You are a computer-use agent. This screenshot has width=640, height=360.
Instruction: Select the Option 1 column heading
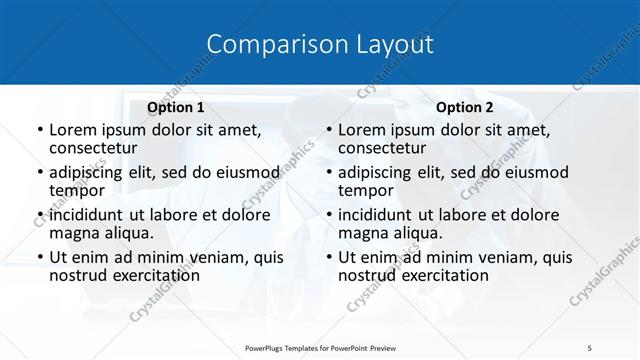pos(176,107)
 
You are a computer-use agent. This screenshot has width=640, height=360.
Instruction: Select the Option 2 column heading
pos(465,107)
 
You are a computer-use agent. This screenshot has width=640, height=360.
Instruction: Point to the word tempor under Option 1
pos(77,190)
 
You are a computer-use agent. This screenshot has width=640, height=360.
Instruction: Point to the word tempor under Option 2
pos(366,190)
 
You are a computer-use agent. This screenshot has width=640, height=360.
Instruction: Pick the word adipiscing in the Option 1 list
pos(90,172)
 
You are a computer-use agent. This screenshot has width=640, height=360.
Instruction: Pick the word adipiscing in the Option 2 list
pos(379,172)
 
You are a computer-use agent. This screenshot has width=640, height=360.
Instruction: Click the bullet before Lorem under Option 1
pos(38,130)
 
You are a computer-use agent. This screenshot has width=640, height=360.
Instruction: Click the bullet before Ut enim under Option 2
pos(328,257)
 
